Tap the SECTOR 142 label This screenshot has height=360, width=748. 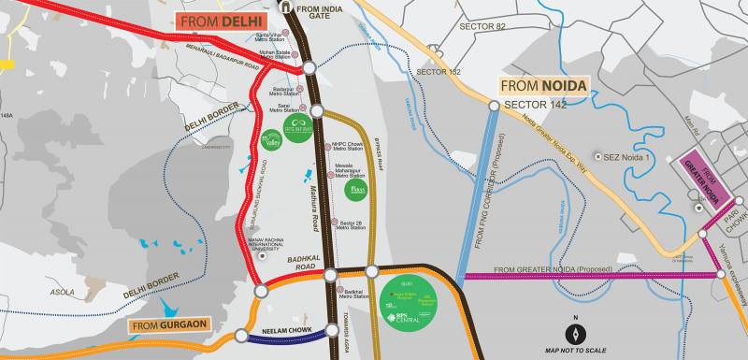[x=536, y=103]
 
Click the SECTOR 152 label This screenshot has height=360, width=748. [x=439, y=72]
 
